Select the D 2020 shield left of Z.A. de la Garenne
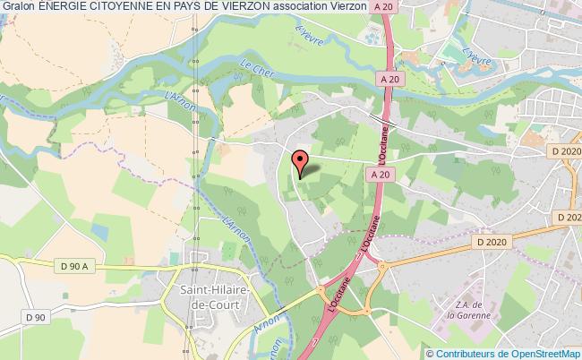coord(492,241)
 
